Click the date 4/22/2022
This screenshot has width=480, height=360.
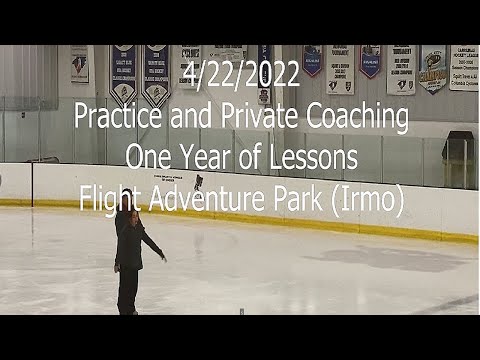(241, 75)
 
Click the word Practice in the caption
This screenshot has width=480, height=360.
(111, 119)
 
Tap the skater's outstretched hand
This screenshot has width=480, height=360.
(163, 258)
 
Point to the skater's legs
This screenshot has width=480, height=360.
(127, 290)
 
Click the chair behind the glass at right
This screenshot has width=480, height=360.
(457, 160)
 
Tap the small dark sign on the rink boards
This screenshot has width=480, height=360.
(198, 181)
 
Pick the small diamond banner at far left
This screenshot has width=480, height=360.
(79, 65)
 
